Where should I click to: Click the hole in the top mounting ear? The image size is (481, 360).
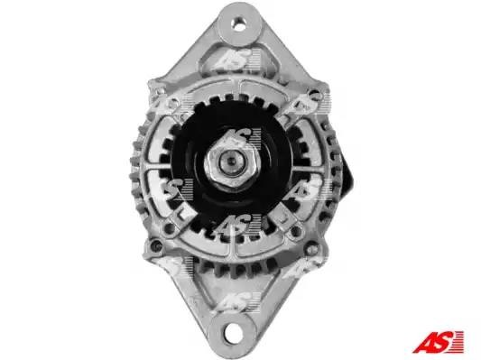[239, 24]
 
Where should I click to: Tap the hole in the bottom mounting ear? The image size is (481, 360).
[232, 330]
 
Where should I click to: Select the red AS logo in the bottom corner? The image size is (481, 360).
[438, 342]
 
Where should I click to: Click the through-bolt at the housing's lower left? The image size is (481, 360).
[157, 245]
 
